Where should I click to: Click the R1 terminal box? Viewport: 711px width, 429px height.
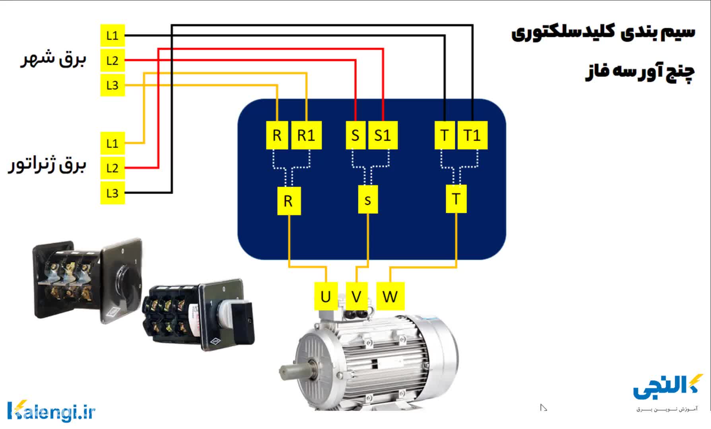click(x=306, y=135)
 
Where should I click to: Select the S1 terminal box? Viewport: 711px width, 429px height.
click(x=383, y=135)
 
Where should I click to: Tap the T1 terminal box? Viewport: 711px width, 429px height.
click(x=472, y=135)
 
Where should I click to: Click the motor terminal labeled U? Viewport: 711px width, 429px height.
click(x=326, y=296)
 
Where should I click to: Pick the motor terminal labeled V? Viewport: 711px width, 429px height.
click(x=356, y=296)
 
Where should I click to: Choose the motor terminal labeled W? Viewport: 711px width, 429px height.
click(x=390, y=296)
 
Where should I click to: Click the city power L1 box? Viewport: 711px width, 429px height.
click(x=113, y=36)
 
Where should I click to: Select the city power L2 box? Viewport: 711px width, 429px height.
click(x=113, y=61)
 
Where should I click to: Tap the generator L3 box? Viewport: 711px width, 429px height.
click(x=113, y=193)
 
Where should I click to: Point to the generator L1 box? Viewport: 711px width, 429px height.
click(x=113, y=143)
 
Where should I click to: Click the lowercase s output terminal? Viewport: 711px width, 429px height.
click(x=368, y=200)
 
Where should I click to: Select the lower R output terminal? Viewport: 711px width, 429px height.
click(x=288, y=201)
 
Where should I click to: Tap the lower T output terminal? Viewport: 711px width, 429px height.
click(x=456, y=199)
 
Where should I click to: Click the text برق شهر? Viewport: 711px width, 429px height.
click(x=54, y=60)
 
